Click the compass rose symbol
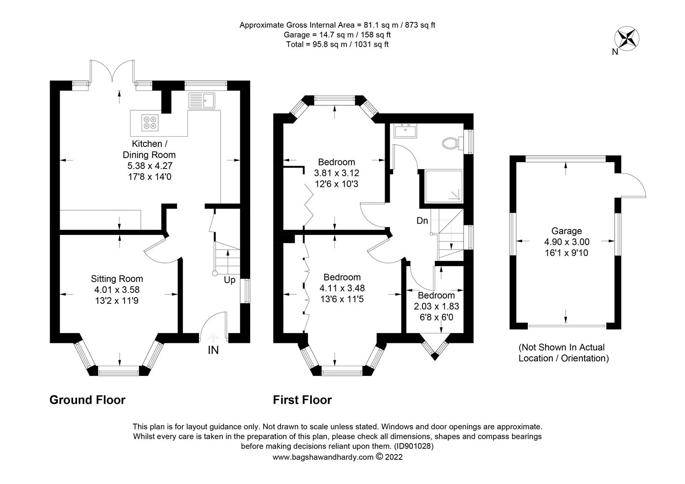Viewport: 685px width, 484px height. point(627,39)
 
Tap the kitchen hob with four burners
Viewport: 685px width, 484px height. point(150,122)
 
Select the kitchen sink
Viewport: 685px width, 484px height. point(202,100)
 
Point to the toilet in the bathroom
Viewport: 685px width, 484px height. point(451,143)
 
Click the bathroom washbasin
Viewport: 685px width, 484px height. point(405,131)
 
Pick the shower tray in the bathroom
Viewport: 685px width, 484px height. point(443,186)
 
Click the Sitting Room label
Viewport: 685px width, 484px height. point(117,279)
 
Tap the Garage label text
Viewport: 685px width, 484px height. point(566,231)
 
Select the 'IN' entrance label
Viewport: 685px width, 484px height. point(213,350)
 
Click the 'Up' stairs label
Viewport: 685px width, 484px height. point(230,280)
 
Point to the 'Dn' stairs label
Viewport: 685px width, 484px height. point(422,220)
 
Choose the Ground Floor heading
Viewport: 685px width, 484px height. point(87,400)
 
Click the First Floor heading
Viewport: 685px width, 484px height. point(302,400)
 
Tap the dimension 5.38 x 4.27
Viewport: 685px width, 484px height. point(150,166)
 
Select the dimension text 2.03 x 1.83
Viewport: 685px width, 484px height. point(436,307)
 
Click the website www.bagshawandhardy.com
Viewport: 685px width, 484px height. point(323,457)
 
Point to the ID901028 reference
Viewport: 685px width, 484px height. point(414,446)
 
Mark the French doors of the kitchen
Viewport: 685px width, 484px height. point(112,71)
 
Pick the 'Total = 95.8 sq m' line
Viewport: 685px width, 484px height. point(337,44)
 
